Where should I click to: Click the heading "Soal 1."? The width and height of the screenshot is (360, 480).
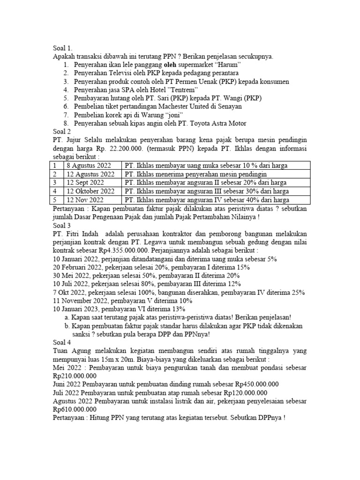click(x=63, y=48)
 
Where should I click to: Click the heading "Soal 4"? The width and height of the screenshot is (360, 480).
click(x=62, y=342)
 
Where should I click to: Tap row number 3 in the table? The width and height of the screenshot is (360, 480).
click(x=55, y=182)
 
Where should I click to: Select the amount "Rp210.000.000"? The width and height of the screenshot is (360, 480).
click(x=75, y=375)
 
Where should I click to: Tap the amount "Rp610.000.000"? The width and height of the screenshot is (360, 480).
click(x=75, y=409)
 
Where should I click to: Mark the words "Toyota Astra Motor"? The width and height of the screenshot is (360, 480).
click(x=217, y=123)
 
